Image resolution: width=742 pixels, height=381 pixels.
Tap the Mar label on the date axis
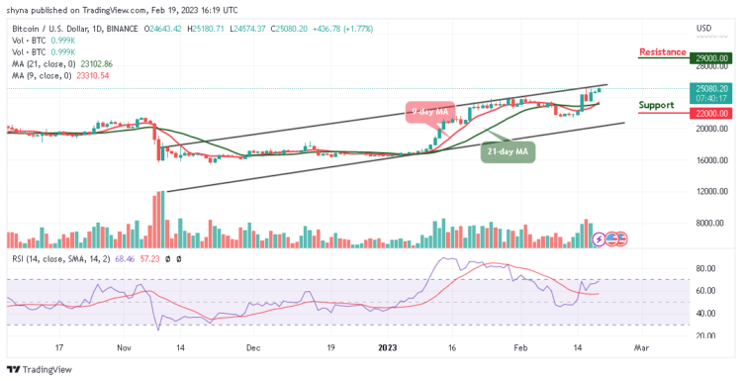(640, 348)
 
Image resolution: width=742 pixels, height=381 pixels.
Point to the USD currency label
(704, 27)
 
